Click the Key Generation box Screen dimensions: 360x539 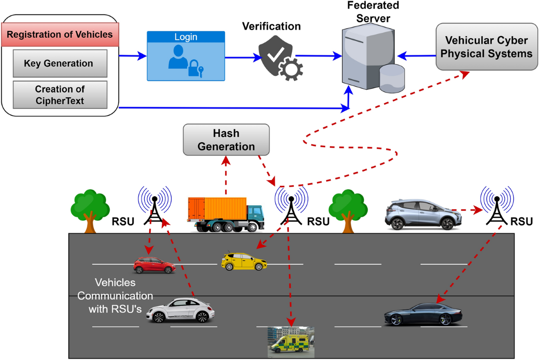point(60,63)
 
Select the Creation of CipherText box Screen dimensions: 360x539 point(60,95)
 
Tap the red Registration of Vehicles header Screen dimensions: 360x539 point(60,35)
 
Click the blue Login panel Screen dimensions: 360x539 point(186,56)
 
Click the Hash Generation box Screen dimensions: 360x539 point(226,140)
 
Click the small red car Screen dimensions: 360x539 point(154,265)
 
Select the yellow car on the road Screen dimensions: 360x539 point(244,261)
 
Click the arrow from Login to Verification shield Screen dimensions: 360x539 point(243,57)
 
